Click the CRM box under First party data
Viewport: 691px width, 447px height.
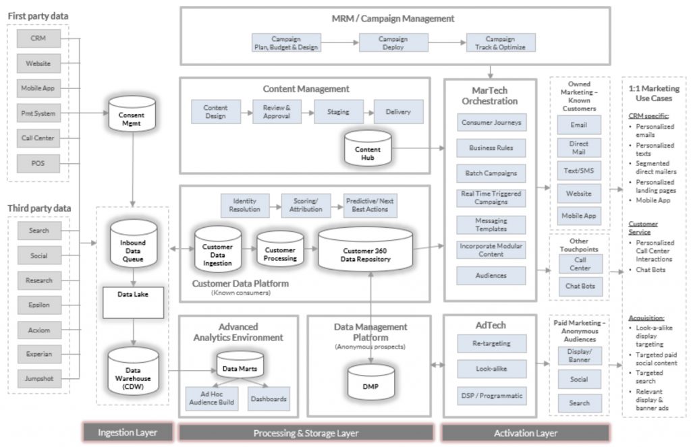click(38, 38)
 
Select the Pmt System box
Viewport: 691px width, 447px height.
click(38, 113)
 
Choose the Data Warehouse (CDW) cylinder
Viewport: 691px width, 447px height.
click(133, 375)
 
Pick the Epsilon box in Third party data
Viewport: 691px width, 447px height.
click(38, 305)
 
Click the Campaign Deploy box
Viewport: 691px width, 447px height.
click(393, 43)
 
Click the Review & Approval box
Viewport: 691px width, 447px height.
click(276, 111)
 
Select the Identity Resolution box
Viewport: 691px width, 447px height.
click(245, 205)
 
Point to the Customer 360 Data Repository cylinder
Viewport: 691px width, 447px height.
click(365, 249)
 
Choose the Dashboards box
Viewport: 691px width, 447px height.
click(269, 398)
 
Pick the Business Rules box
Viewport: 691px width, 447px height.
click(491, 148)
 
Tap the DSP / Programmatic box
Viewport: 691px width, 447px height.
click(491, 396)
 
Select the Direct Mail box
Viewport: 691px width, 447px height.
click(578, 148)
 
